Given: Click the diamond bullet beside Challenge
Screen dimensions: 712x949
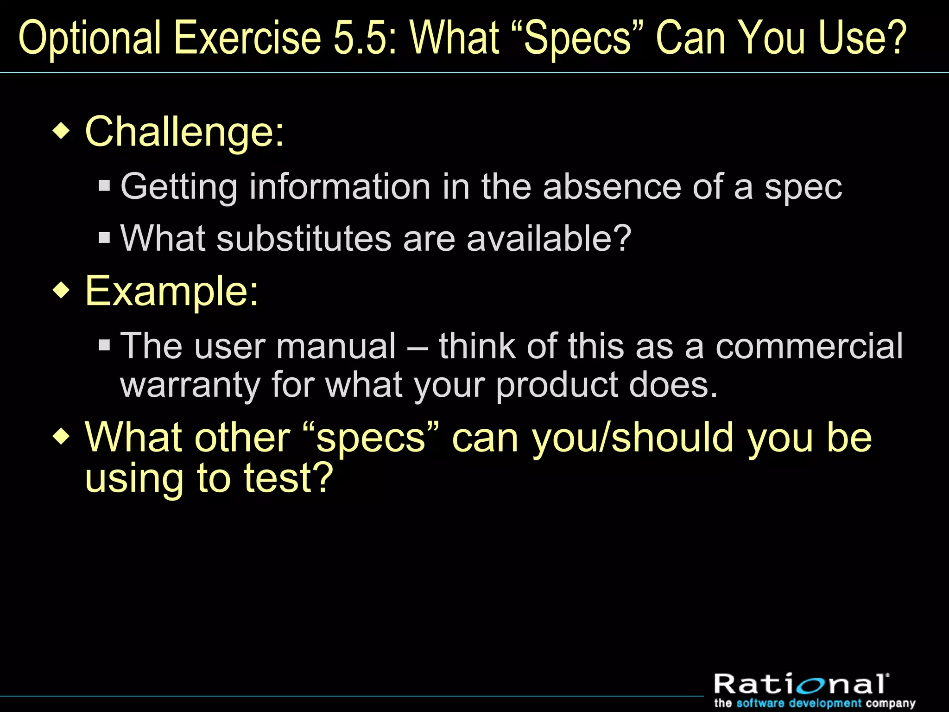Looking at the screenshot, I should click(61, 131).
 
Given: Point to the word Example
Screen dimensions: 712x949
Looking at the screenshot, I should click(171, 291).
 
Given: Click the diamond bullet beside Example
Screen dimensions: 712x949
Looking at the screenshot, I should click(61, 291).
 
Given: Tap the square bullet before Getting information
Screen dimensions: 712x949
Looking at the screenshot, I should click(104, 186).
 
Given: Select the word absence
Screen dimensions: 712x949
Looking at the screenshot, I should click(612, 187).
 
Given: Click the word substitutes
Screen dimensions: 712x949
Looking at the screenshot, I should click(304, 238).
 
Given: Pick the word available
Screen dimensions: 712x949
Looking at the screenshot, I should click(549, 238).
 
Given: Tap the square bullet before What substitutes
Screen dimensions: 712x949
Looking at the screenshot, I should click(104, 238).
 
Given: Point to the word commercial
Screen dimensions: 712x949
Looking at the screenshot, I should click(809, 346).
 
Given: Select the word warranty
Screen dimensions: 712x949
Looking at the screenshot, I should click(190, 385).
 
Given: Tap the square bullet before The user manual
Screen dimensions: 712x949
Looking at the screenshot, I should click(104, 345).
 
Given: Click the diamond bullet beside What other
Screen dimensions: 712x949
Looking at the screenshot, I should click(61, 437).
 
